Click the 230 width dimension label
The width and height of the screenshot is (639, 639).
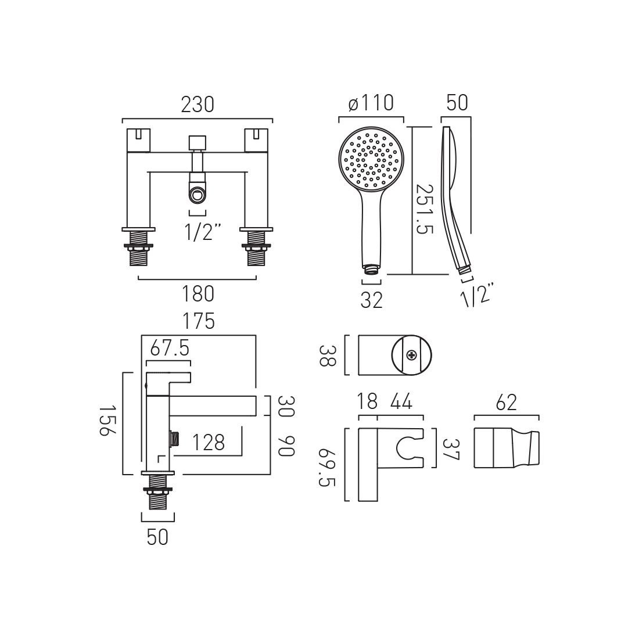198,105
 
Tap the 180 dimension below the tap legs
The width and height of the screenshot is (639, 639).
198,293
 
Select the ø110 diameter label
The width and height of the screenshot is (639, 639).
371,103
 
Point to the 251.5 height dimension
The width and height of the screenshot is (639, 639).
424,209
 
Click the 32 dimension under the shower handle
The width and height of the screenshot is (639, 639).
372,300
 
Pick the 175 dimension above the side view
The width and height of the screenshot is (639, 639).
199,321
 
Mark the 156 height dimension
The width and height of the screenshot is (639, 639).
108,420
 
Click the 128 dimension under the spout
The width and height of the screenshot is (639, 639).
208,442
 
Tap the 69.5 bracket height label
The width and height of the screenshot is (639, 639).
327,467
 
